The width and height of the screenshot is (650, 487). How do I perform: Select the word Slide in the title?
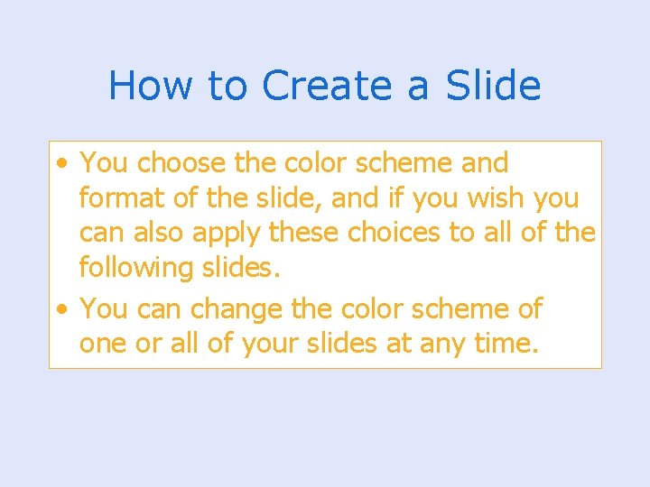pos(493,86)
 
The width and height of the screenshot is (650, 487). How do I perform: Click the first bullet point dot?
pos(60,164)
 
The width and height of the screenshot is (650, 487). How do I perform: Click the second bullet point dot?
pos(60,309)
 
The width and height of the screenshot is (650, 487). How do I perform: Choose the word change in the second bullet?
pos(236,308)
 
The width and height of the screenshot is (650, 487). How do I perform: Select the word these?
pos(302,232)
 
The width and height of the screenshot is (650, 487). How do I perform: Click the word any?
pos(439,345)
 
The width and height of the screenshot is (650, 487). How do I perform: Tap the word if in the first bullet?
pos(409,198)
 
